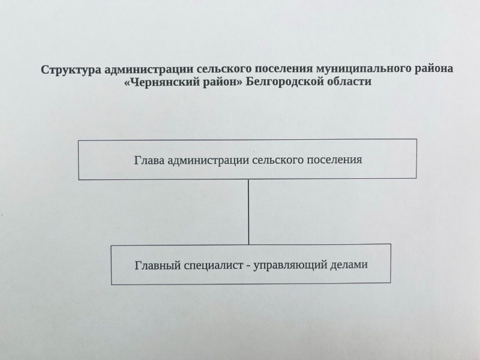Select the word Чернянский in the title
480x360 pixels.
pos(161,82)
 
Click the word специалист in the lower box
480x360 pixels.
pos(214,265)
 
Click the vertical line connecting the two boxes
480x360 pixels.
pos(248,212)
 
